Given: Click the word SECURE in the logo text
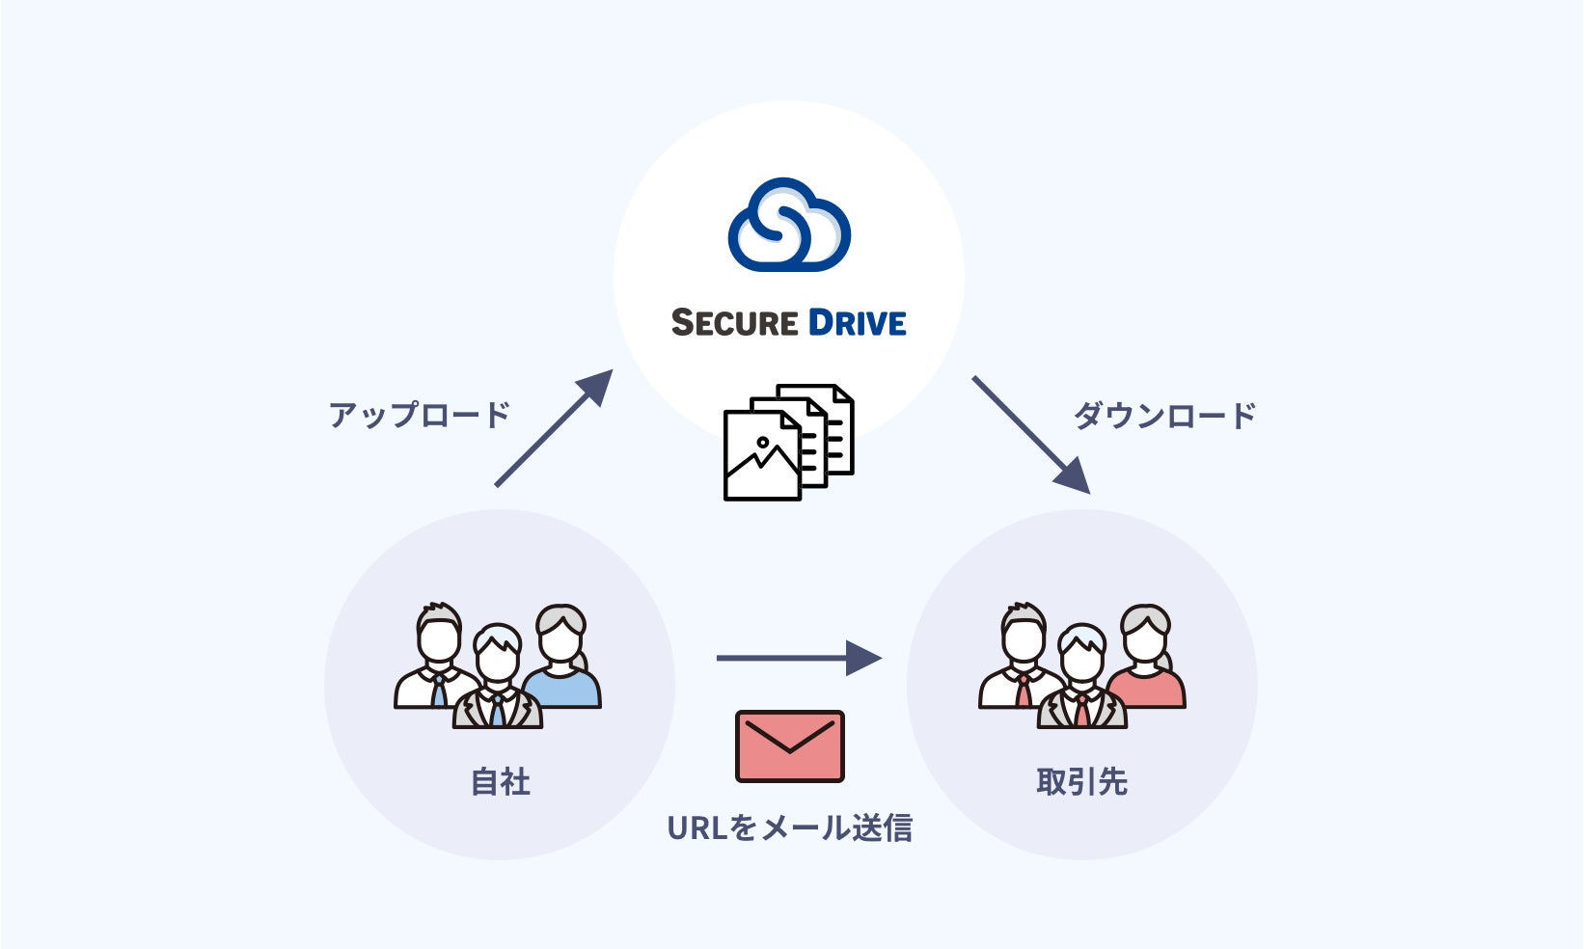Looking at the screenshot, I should [734, 323].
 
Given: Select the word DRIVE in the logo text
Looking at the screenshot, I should [857, 323].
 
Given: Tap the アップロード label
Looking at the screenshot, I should [419, 415].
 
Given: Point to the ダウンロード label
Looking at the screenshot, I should [1164, 416].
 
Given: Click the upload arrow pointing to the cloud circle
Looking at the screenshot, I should [554, 427].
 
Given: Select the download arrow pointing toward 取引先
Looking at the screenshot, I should [1031, 435].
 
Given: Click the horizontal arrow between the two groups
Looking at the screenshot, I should [798, 658].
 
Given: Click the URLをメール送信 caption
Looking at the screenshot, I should [789, 827].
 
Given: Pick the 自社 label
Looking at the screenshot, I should [501, 781].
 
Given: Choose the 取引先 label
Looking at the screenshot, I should [1081, 781].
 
